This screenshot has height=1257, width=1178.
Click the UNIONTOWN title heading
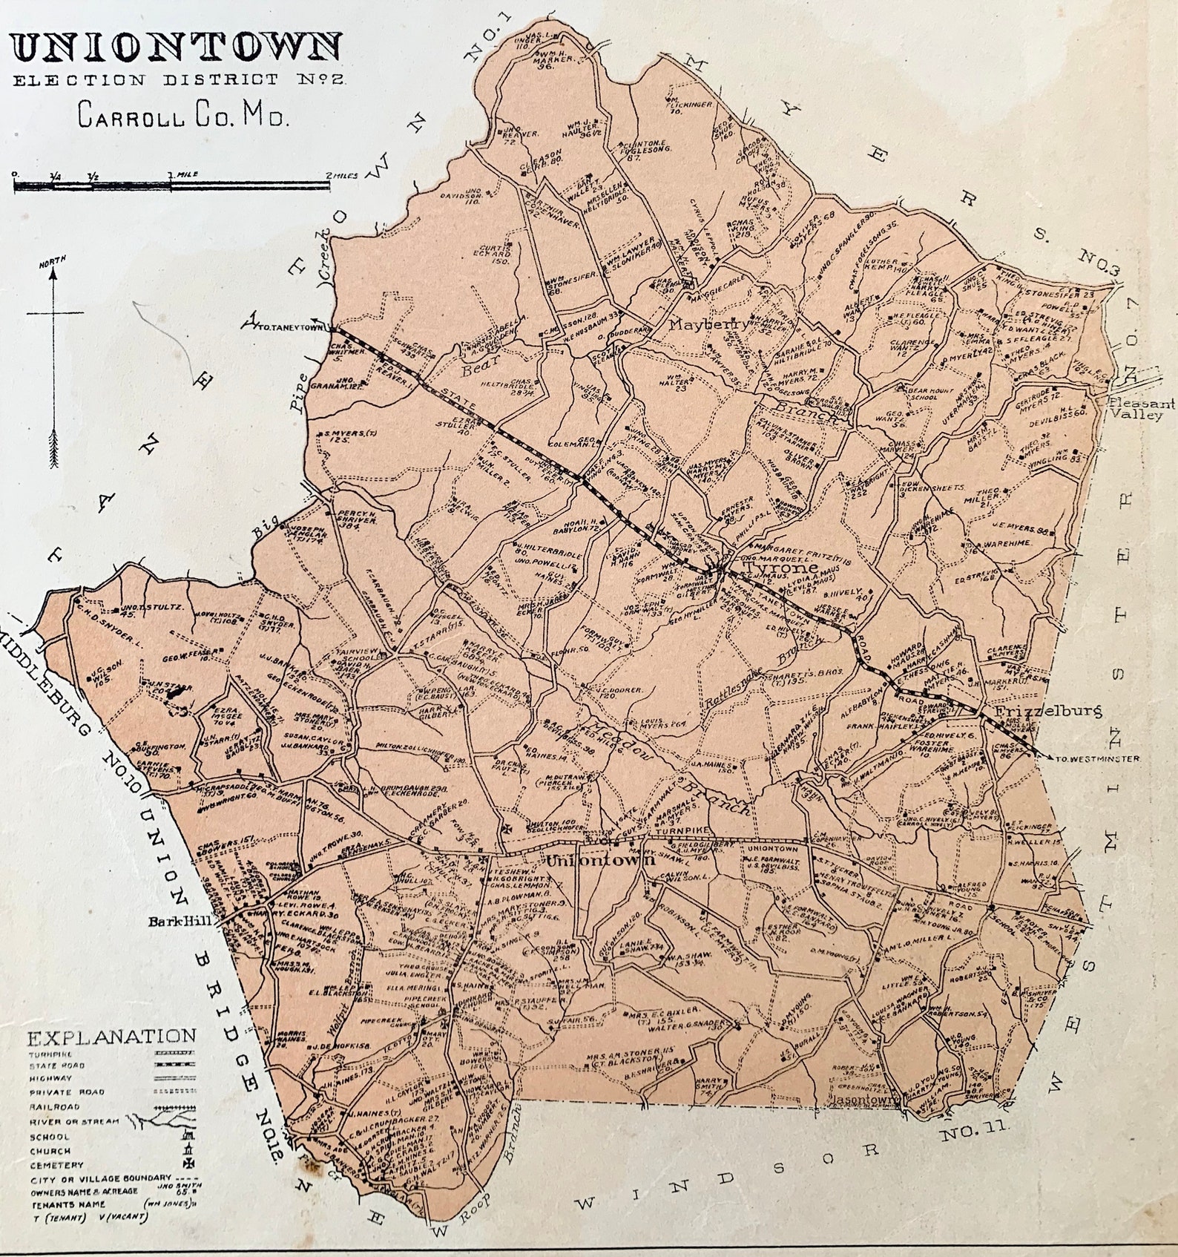coord(177,47)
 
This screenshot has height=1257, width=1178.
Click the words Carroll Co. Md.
coord(182,116)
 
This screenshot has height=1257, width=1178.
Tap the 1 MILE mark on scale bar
coord(180,175)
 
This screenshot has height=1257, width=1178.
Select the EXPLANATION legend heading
coord(111,1037)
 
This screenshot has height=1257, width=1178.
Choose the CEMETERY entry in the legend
coord(56,1165)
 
